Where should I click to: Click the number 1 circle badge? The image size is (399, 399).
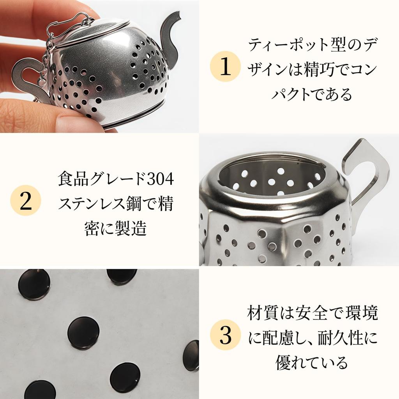pyautogui.click(x=225, y=68)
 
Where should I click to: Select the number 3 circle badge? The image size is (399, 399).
pyautogui.click(x=225, y=335)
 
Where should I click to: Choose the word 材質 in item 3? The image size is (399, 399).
pyautogui.click(x=261, y=313)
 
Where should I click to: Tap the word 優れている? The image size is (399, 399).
pyautogui.click(x=311, y=363)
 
